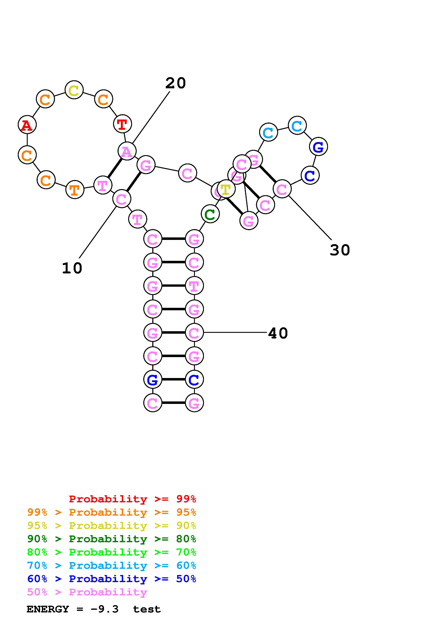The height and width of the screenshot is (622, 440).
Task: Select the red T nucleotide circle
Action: coord(122,124)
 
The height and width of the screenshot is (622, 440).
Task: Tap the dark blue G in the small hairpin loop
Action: coord(318,147)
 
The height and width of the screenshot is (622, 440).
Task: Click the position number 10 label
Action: coord(72,268)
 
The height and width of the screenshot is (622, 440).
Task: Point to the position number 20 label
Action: coord(175,83)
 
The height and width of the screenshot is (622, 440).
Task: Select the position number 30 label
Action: coord(340,250)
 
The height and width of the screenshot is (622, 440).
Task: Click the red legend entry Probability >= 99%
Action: coord(132,499)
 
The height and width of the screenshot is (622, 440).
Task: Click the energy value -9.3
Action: coord(105,609)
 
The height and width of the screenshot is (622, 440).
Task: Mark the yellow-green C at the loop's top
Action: coord(74,90)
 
